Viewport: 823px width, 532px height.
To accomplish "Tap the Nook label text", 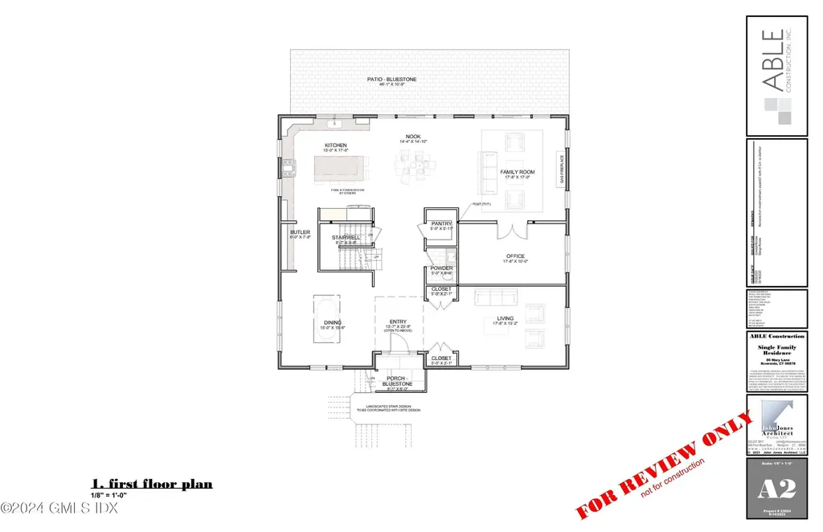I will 413,137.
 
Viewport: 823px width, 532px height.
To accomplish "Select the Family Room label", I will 518,173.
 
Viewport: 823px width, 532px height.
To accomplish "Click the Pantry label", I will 441,224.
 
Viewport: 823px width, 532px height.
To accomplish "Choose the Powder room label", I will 441,268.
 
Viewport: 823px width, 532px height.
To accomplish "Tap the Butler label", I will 300,232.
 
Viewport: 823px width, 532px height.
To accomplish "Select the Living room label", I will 505,319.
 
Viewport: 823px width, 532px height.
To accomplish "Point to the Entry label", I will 399,323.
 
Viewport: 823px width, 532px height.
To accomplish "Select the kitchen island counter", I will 340,171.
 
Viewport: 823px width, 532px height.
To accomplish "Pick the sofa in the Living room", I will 489,299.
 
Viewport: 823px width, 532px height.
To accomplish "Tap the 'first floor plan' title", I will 152,484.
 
